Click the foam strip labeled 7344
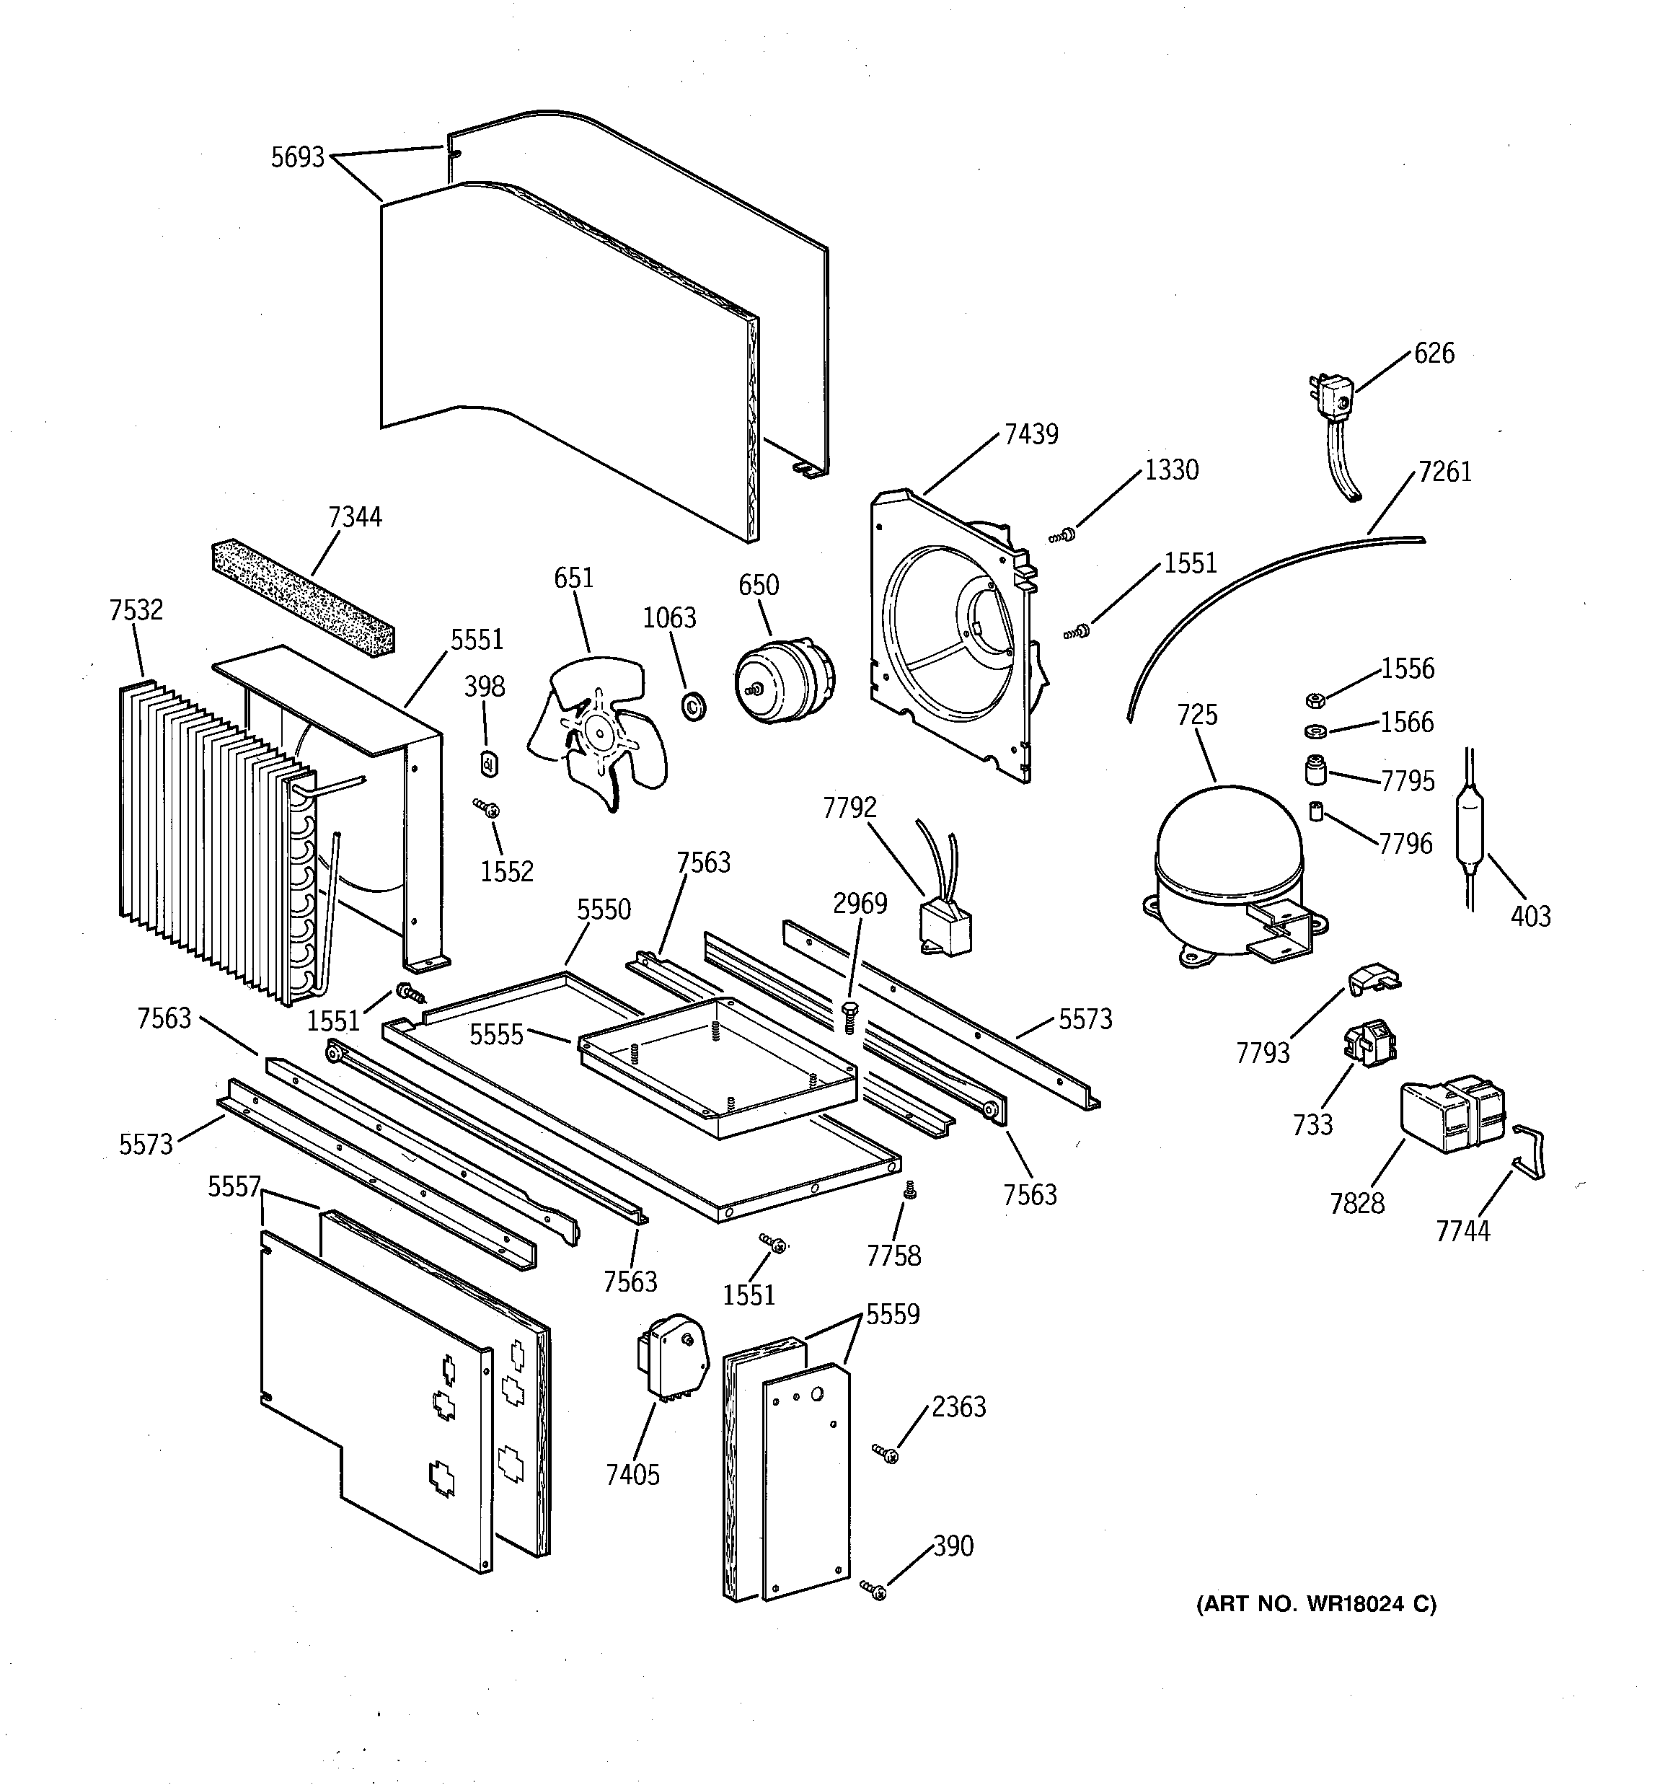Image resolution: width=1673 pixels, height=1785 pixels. click(303, 595)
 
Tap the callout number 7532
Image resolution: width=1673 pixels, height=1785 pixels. click(136, 611)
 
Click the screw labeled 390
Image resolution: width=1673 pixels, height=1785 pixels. click(874, 1590)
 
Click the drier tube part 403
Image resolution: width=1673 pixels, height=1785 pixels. click(1469, 831)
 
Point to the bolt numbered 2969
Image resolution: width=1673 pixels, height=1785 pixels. click(848, 1015)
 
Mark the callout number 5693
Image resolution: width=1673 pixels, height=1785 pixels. click(297, 158)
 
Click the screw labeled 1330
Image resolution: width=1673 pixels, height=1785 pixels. click(1063, 535)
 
